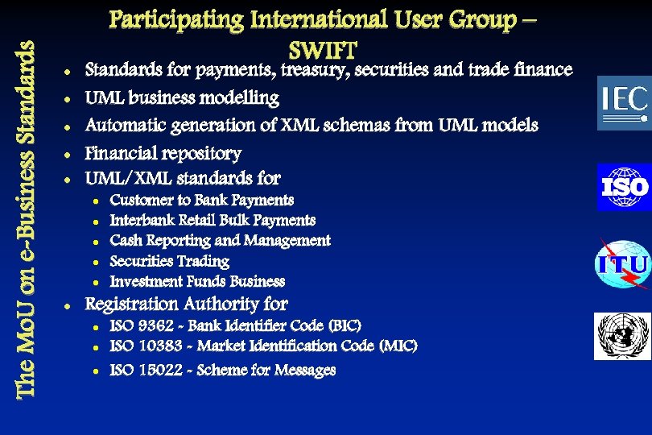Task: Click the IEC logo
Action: (623, 102)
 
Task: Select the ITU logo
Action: (622, 264)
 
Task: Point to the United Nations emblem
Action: (621, 336)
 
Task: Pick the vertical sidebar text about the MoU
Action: (25, 218)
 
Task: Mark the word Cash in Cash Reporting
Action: (126, 240)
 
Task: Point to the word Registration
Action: (132, 304)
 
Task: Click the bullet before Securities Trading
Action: (95, 262)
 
